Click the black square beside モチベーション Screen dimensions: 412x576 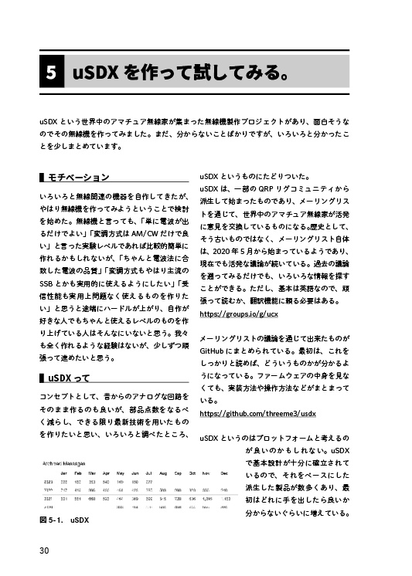[x=40, y=178]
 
